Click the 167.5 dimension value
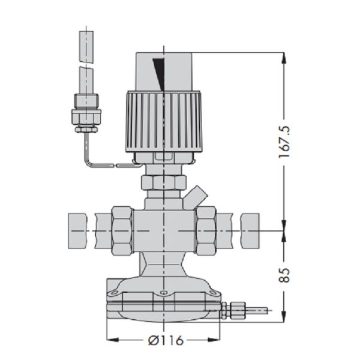click(284, 142)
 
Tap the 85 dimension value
click(284, 275)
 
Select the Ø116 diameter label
click(166, 340)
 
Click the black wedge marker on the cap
click(160, 74)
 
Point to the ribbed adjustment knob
click(164, 122)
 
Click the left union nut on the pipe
click(122, 230)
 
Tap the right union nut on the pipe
click(206, 230)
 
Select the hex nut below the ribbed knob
click(164, 182)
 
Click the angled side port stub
click(195, 197)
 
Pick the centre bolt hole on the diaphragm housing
click(163, 293)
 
